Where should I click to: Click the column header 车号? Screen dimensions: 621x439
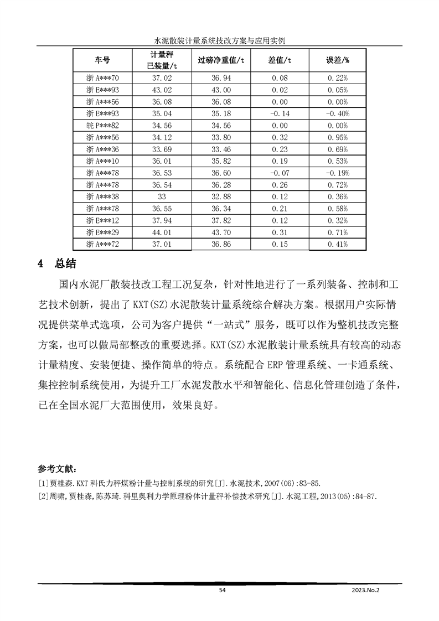point(102,59)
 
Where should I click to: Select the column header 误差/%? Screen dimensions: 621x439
point(338,59)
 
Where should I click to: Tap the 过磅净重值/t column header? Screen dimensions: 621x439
point(221,59)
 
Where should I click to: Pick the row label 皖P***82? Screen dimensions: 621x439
point(103,126)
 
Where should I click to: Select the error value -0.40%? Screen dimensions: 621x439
point(338,113)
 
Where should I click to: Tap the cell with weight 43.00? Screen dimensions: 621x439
point(221,90)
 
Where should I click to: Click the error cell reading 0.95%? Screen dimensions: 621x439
point(338,137)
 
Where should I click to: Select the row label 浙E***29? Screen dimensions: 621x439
point(103,232)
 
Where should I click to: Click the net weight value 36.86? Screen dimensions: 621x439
point(221,244)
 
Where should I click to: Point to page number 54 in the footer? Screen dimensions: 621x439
point(222,591)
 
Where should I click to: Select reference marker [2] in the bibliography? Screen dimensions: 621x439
point(43,496)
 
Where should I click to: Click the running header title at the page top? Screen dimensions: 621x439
point(219,40)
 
